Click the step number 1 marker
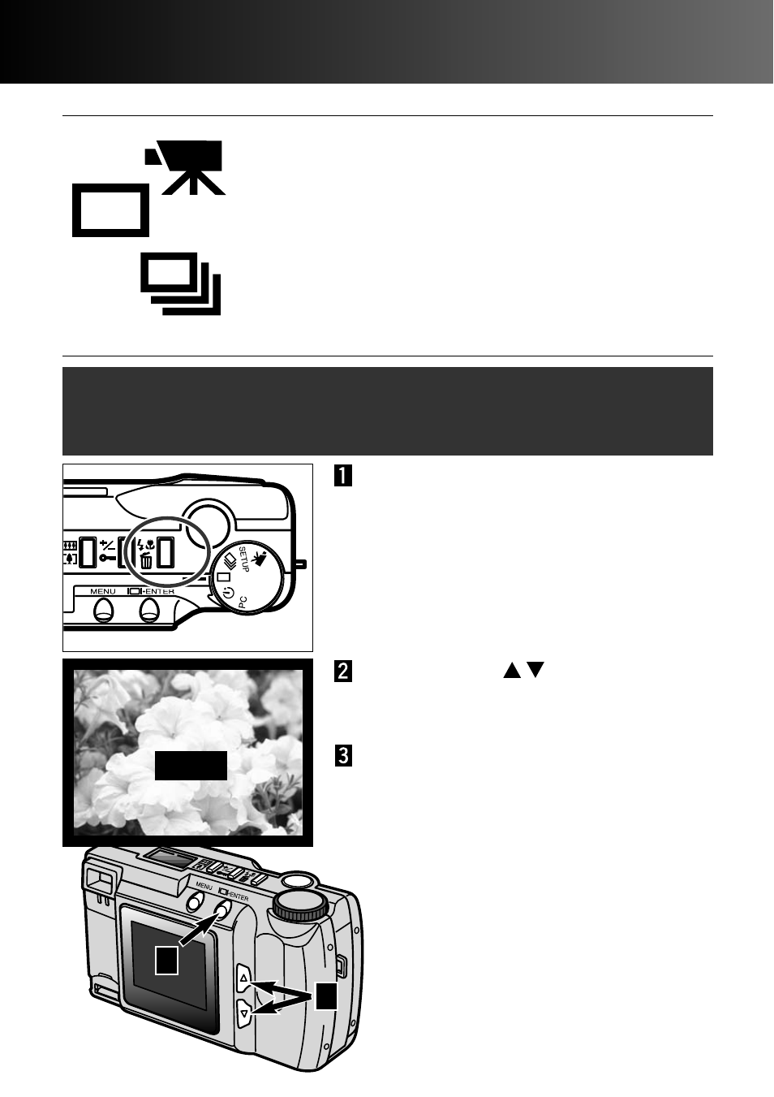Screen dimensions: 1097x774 (x=342, y=475)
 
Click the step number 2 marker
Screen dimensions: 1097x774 (x=342, y=671)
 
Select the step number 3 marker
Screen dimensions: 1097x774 (x=342, y=756)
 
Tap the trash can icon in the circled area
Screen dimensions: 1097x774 (x=146, y=559)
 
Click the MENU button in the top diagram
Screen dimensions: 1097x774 (x=103, y=609)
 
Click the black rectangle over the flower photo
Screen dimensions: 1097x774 (x=191, y=766)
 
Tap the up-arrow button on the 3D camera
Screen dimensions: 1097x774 (x=244, y=978)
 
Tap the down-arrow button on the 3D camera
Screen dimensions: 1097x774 (x=244, y=1013)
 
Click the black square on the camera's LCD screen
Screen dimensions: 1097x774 (x=167, y=961)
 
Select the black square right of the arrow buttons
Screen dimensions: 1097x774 (x=326, y=996)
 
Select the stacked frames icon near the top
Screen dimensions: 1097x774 (x=181, y=284)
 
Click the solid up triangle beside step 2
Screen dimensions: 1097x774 (x=511, y=671)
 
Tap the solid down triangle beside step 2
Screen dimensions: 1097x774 (x=535, y=671)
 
